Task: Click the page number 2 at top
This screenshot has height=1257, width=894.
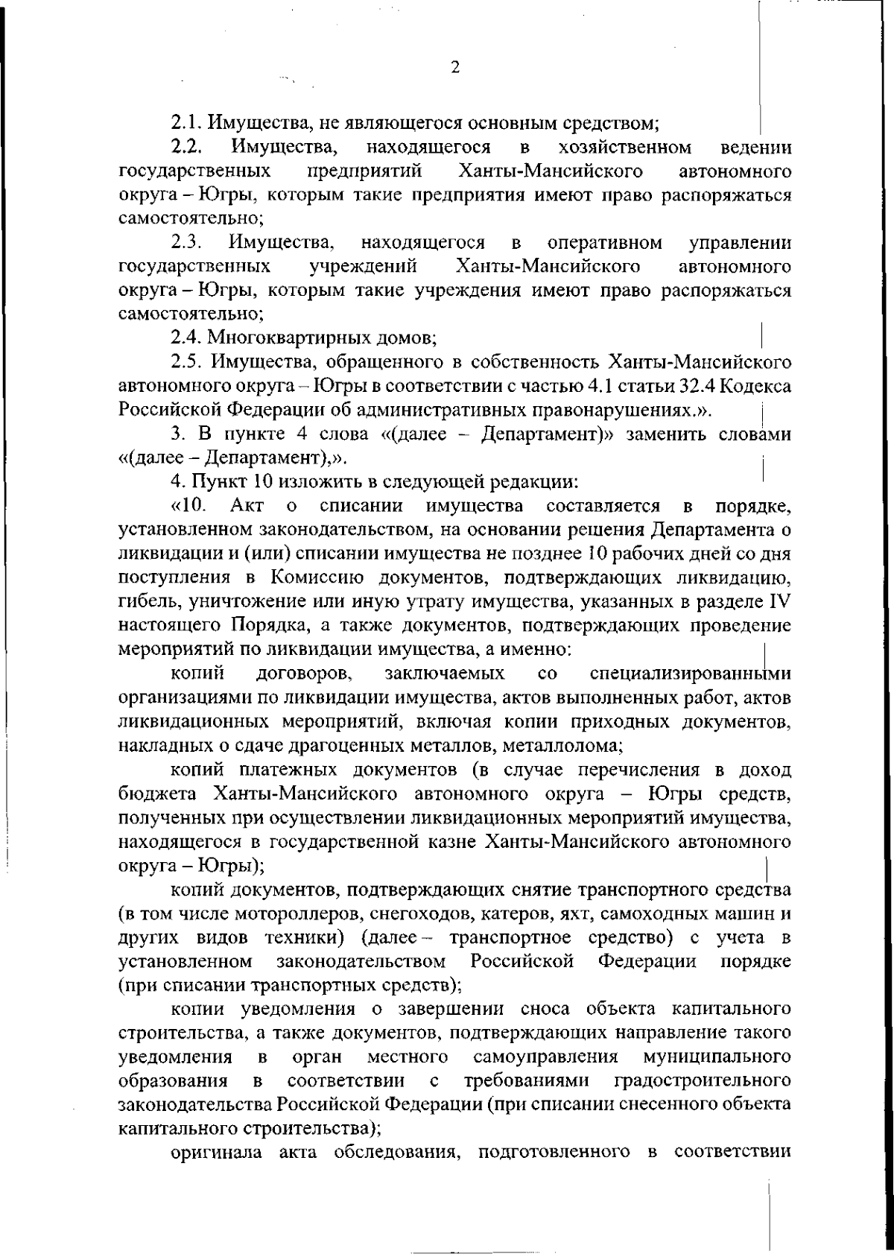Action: pyautogui.click(x=455, y=67)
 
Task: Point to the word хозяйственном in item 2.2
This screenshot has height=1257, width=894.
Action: pyautogui.click(x=624, y=147)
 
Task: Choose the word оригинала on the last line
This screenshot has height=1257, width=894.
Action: pyautogui.click(x=218, y=1153)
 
